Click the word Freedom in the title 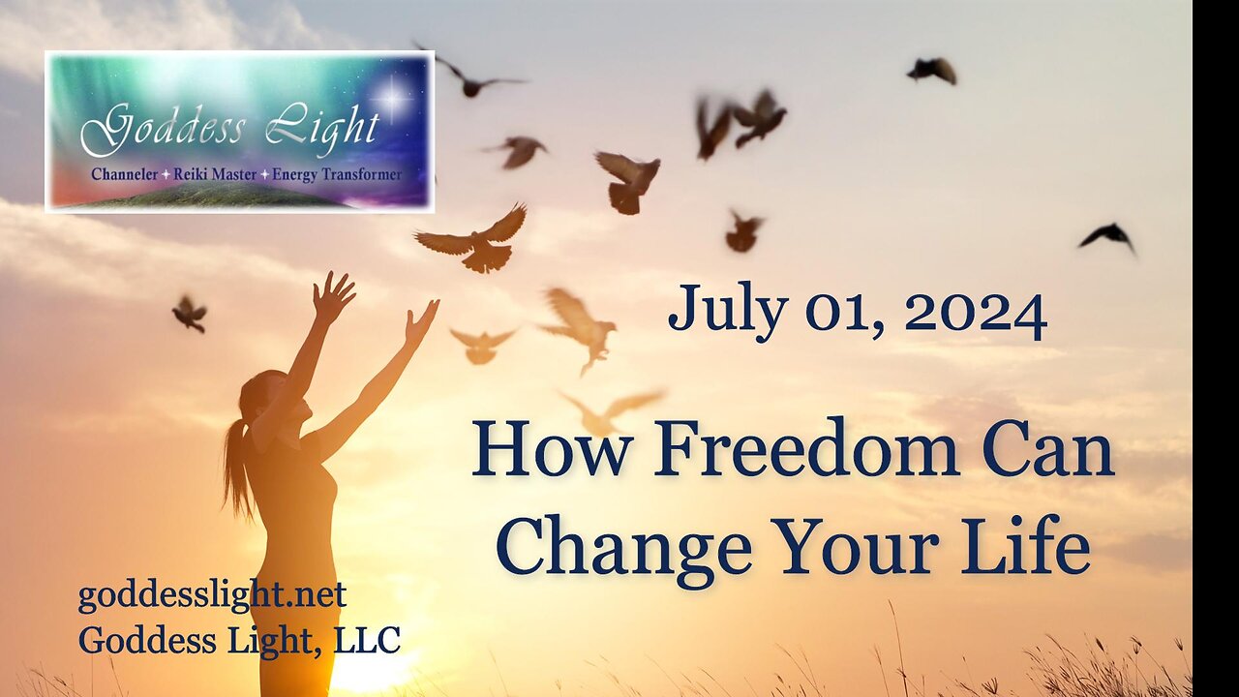pos(807,449)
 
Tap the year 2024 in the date pos(976,314)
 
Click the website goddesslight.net pos(212,595)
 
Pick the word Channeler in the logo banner pos(125,175)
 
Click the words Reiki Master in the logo pos(215,175)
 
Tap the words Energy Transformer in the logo pos(337,175)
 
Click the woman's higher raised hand pos(332,295)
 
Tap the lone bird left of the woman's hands pos(190,315)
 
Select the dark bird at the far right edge pos(1108,237)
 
